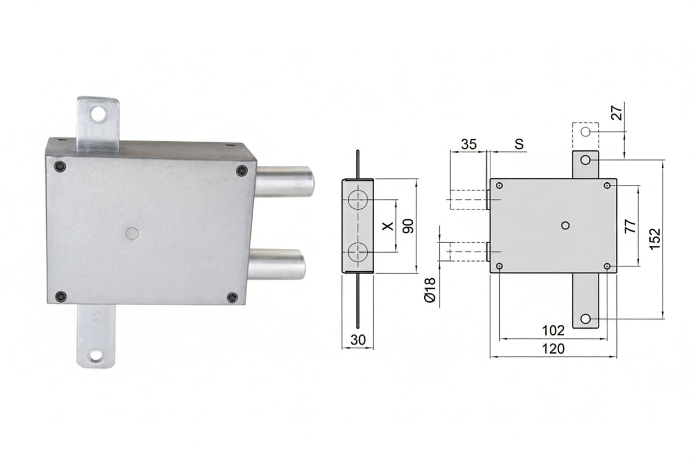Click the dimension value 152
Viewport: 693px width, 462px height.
click(655, 239)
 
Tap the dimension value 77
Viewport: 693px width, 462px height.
click(630, 226)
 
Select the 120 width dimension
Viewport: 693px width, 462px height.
click(553, 349)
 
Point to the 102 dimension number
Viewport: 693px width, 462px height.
click(553, 331)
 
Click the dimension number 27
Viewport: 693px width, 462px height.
click(616, 113)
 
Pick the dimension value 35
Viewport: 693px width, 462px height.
click(469, 144)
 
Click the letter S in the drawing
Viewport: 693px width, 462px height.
click(519, 144)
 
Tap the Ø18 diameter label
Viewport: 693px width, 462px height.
click(430, 290)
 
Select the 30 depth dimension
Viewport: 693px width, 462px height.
click(358, 340)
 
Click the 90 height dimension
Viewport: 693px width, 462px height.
click(408, 226)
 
